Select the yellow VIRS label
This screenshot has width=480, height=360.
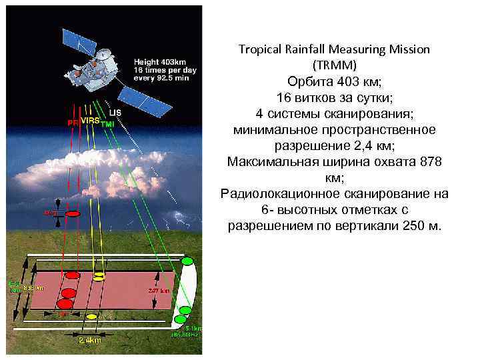pyautogui.click(x=90, y=121)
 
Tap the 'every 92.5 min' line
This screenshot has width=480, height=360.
pyautogui.click(x=161, y=78)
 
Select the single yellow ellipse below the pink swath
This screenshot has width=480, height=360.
pyautogui.click(x=92, y=316)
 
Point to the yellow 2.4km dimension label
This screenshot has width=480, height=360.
pyautogui.click(x=89, y=340)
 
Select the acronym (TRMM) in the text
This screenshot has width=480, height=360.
pyautogui.click(x=334, y=65)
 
